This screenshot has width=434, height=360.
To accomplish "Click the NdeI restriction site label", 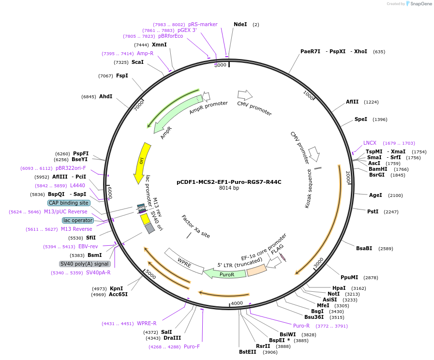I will [240, 24].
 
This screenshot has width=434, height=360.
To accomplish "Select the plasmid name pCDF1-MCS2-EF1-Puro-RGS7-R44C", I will [229, 182].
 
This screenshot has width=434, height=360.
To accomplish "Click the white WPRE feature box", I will [184, 261].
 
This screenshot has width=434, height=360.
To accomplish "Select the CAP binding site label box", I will [69, 203].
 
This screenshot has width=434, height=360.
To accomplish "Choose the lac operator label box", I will [78, 220].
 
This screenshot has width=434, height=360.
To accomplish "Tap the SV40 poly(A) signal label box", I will [85, 264].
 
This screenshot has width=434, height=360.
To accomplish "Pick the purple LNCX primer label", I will [370, 143].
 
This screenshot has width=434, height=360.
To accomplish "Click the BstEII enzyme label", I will [248, 352].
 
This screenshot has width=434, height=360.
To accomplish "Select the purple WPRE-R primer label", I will [147, 323].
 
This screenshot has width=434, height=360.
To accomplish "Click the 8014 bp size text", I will [229, 188].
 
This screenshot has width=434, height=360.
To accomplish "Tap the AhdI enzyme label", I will [105, 97].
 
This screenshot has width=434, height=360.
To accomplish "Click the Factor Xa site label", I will [196, 226].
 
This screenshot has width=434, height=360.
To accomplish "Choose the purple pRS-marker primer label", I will [203, 24].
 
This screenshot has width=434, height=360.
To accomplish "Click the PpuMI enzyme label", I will [349, 277].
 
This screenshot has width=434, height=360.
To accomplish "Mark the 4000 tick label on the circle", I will [237, 303].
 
